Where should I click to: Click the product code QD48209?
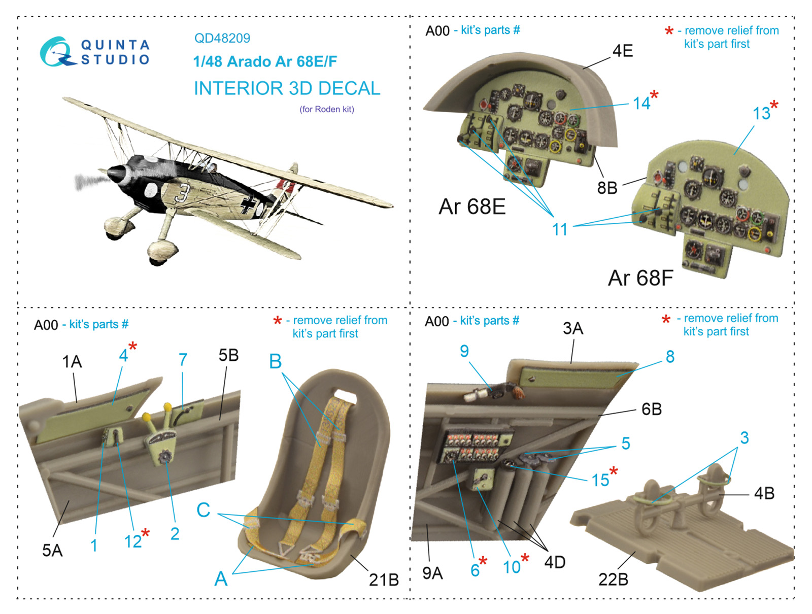click(x=222, y=38)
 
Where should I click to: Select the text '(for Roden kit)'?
click(x=327, y=109)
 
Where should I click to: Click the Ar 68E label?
click(x=471, y=207)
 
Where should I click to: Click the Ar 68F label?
click(x=640, y=278)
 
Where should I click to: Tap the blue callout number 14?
click(x=641, y=103)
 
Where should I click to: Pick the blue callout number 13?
click(x=761, y=113)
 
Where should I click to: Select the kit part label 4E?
click(x=623, y=51)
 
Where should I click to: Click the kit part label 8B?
click(x=607, y=188)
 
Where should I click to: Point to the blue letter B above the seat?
click(x=275, y=361)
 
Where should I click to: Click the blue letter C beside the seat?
click(x=204, y=509)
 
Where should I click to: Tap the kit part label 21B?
click(x=384, y=579)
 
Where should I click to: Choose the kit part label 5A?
click(x=52, y=551)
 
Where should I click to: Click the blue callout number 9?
click(x=464, y=351)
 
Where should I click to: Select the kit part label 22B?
click(x=613, y=579)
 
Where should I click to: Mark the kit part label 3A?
click(x=572, y=328)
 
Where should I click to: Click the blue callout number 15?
click(x=600, y=480)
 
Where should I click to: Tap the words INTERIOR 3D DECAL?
click(x=287, y=88)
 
